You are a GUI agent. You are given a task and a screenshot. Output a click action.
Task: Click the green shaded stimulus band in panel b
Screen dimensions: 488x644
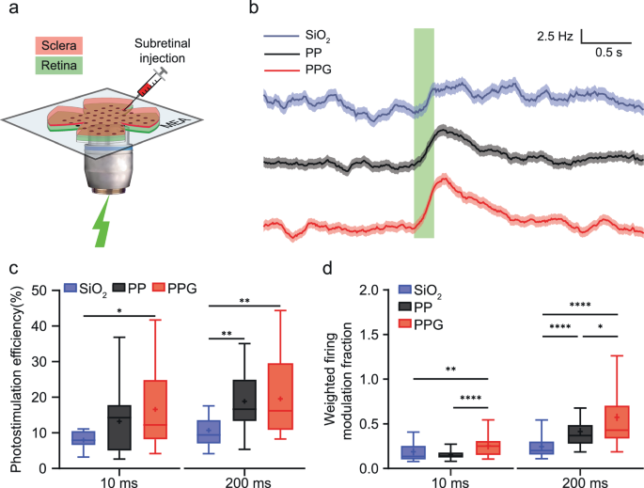point(423,132)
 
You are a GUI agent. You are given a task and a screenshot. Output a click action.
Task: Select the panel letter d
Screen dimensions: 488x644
point(328,267)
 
